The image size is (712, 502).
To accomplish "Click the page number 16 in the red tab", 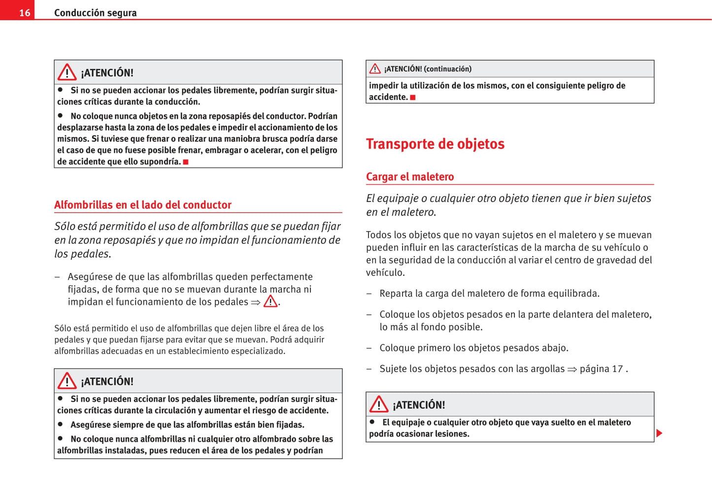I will pos(24,13).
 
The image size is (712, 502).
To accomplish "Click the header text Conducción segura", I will pos(95,13).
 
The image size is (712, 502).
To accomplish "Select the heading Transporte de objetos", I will pos(435,144).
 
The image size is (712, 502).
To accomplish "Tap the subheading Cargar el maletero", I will pos(409,177).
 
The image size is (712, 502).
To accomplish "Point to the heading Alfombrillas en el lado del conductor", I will pos(142,205).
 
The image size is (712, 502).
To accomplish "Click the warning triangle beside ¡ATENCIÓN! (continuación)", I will pos(375,68).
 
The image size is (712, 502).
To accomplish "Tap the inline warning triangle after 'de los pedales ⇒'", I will pos(271,301).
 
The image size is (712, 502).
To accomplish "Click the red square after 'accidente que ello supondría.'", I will pos(186,162).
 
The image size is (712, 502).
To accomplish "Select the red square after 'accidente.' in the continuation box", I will pos(413,98).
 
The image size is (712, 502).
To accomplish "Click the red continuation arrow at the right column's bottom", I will pos(659,434).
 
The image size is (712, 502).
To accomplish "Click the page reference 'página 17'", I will pos(601,369).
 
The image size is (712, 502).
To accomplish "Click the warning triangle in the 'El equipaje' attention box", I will pos(379,404).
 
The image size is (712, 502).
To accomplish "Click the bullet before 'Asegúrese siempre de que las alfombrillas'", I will pos(61,424).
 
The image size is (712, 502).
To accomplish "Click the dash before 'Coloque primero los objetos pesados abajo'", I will pos(369,348).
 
